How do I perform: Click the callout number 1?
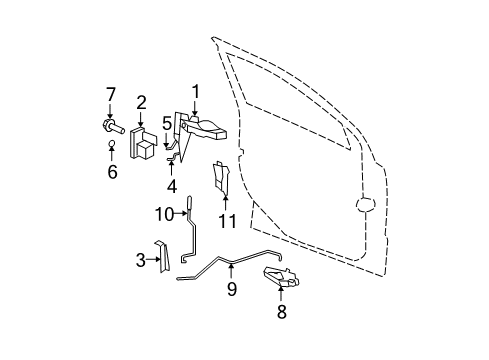point(196,90)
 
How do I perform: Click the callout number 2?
point(142,101)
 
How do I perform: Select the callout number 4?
point(171,184)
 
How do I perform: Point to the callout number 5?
point(167,124)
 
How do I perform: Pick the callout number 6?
point(112,172)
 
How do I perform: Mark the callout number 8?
point(281,312)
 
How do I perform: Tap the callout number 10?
point(163,212)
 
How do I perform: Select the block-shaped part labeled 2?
point(146,142)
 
